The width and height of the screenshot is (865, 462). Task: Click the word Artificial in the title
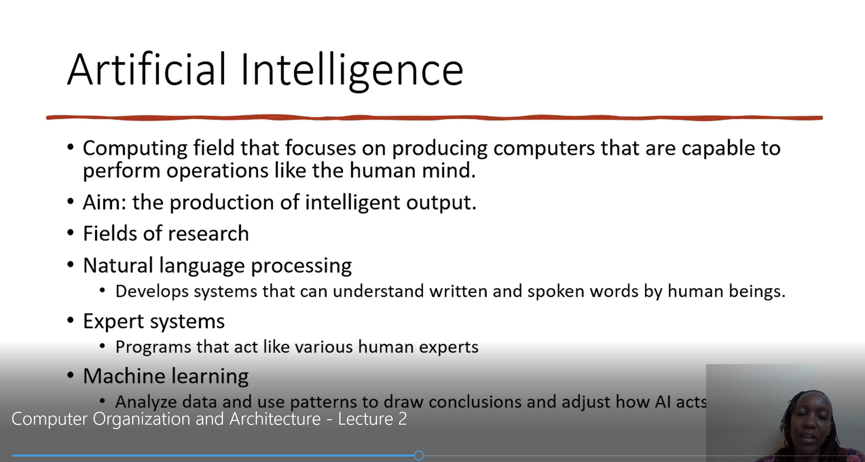(147, 69)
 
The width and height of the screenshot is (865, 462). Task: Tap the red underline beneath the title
(435, 117)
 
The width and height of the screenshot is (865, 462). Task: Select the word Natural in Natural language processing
(118, 265)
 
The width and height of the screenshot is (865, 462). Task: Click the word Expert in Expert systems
(114, 321)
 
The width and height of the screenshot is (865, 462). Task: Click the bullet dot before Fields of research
(71, 233)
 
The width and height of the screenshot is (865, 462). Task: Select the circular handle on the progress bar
(419, 456)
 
